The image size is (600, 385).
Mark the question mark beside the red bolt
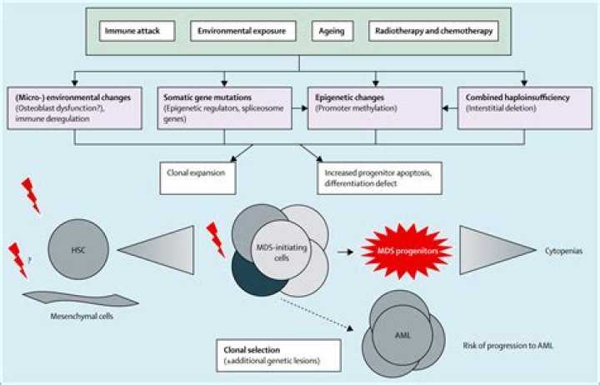[30, 261]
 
